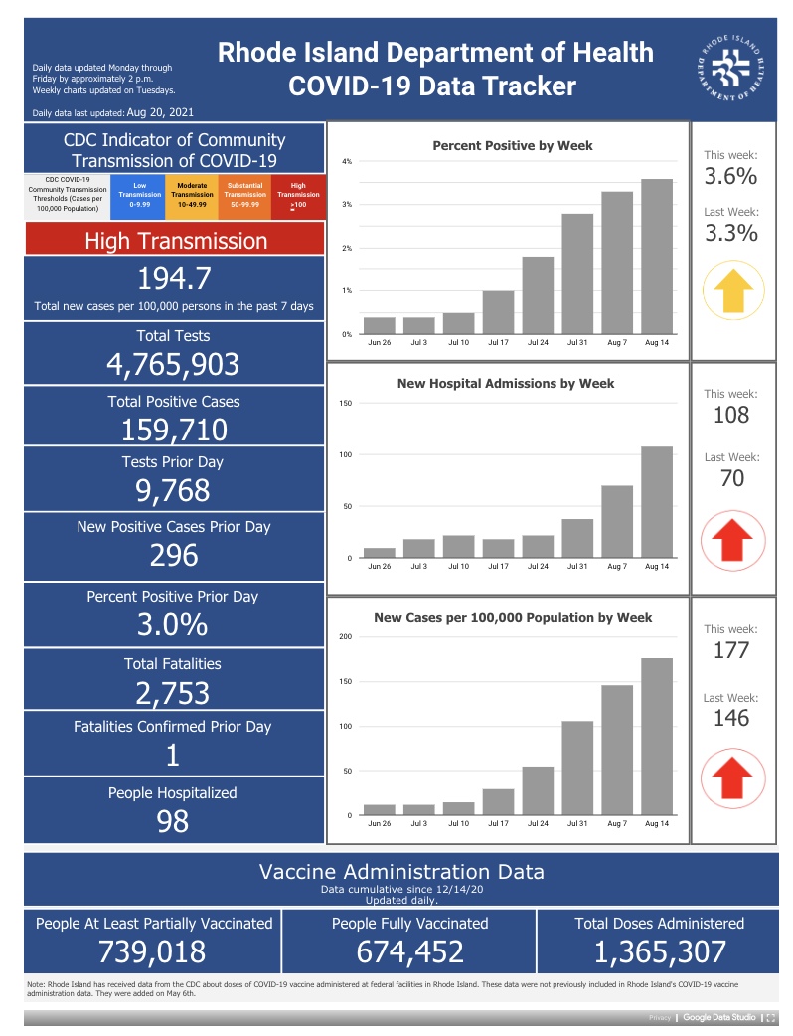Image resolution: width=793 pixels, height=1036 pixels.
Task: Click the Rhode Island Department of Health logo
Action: (731, 69)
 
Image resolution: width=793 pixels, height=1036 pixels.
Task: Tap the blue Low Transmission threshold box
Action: (139, 196)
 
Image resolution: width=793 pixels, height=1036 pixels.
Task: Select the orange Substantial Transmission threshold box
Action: (245, 196)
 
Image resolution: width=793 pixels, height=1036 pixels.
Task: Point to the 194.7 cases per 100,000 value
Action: (174, 278)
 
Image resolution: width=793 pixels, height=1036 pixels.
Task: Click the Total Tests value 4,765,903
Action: (173, 364)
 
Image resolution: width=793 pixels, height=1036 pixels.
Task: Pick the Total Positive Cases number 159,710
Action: (174, 431)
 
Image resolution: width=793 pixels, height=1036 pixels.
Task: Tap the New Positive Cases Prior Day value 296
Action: (174, 555)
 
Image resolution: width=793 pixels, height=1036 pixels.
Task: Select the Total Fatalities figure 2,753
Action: (172, 693)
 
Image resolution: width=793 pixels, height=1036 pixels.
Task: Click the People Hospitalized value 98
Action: (172, 821)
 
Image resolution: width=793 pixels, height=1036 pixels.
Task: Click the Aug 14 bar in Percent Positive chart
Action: (657, 257)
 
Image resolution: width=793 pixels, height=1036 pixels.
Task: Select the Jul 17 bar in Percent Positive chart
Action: (499, 312)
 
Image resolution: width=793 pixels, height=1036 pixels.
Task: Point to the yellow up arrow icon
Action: (733, 290)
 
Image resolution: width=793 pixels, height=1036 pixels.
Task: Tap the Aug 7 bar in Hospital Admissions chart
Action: (617, 522)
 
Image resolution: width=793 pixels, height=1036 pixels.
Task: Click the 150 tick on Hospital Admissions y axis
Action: (346, 403)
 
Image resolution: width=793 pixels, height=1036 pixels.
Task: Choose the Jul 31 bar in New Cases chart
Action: (577, 769)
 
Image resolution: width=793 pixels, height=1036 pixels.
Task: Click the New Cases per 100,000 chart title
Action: (513, 617)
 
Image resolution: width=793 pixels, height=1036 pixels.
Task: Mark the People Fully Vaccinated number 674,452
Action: (410, 952)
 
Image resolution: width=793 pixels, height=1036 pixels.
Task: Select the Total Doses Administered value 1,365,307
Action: (660, 952)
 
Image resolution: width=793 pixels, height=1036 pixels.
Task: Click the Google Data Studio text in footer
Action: (719, 1017)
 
